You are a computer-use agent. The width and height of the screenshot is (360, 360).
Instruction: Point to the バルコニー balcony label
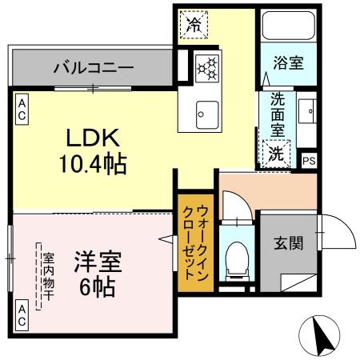pyautogui.click(x=93, y=67)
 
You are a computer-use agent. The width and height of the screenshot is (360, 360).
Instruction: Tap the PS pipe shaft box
pyautogui.click(x=309, y=160)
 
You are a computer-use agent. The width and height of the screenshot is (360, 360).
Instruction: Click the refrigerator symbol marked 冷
pyautogui.click(x=192, y=23)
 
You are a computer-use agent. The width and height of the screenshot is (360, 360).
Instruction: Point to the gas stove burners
pyautogui.click(x=206, y=66)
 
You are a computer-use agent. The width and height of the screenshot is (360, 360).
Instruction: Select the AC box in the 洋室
pyautogui.click(x=22, y=314)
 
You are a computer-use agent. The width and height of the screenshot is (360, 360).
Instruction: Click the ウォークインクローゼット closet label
pyautogui.click(x=196, y=242)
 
